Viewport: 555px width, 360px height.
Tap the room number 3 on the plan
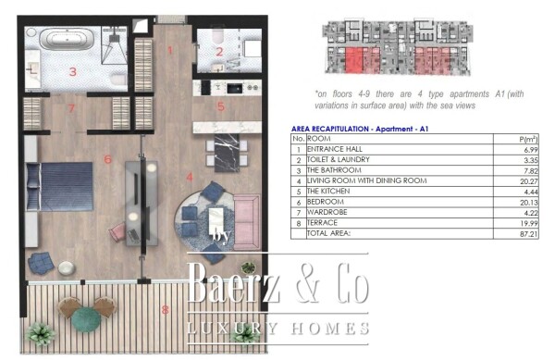[x=69, y=71]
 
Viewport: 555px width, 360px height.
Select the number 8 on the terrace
[x=165, y=310]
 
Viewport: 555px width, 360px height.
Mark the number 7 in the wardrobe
[x=69, y=107]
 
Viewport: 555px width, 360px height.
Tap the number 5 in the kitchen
[x=220, y=106]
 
